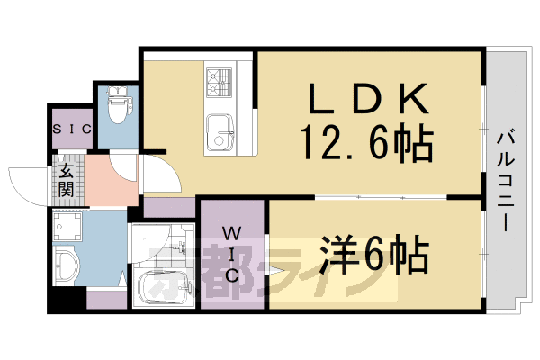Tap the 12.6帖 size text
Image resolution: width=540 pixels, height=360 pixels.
point(366,141)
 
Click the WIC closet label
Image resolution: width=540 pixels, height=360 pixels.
point(232,254)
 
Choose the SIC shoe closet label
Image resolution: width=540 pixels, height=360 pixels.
point(71,129)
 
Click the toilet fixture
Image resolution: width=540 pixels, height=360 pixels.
point(117,107)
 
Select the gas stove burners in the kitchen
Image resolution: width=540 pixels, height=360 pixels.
point(218,84)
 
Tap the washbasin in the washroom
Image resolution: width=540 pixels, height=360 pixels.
point(67,266)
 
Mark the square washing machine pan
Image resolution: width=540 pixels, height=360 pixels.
point(68,227)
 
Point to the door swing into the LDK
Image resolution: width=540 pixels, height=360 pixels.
point(154,171)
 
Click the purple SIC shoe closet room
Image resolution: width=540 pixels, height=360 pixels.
point(71,129)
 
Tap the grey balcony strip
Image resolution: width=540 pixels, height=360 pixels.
point(503,180)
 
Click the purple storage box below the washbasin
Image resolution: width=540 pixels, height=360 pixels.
point(106,301)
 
